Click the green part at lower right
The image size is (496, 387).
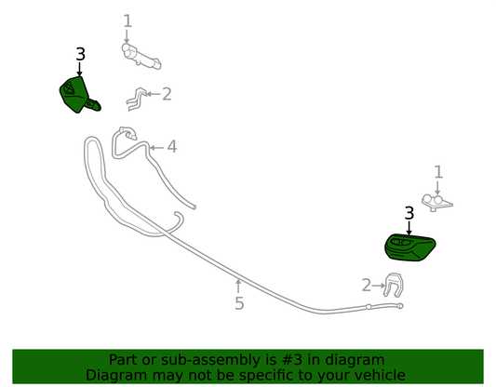(x=409, y=247)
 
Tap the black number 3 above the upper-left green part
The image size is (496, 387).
(x=80, y=54)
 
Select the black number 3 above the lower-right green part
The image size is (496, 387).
(x=409, y=213)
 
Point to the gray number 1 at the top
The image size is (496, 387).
(x=127, y=21)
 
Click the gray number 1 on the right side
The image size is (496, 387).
(x=438, y=172)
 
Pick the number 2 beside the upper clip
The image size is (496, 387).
(x=167, y=94)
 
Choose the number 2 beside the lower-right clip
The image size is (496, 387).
(x=367, y=286)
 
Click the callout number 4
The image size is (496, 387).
(x=172, y=147)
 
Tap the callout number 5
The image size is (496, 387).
(x=239, y=303)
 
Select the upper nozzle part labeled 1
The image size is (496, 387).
(x=141, y=56)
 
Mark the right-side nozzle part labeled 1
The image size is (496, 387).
(x=436, y=203)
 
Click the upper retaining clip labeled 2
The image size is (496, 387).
(x=137, y=99)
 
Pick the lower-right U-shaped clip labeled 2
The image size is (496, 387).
(x=394, y=286)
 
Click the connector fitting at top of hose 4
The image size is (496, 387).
(x=128, y=133)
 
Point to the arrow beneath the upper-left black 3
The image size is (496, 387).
(x=79, y=69)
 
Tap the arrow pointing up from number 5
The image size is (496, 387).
(x=238, y=286)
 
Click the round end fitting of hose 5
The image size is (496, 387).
(x=400, y=306)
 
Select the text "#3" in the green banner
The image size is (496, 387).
(x=287, y=360)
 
